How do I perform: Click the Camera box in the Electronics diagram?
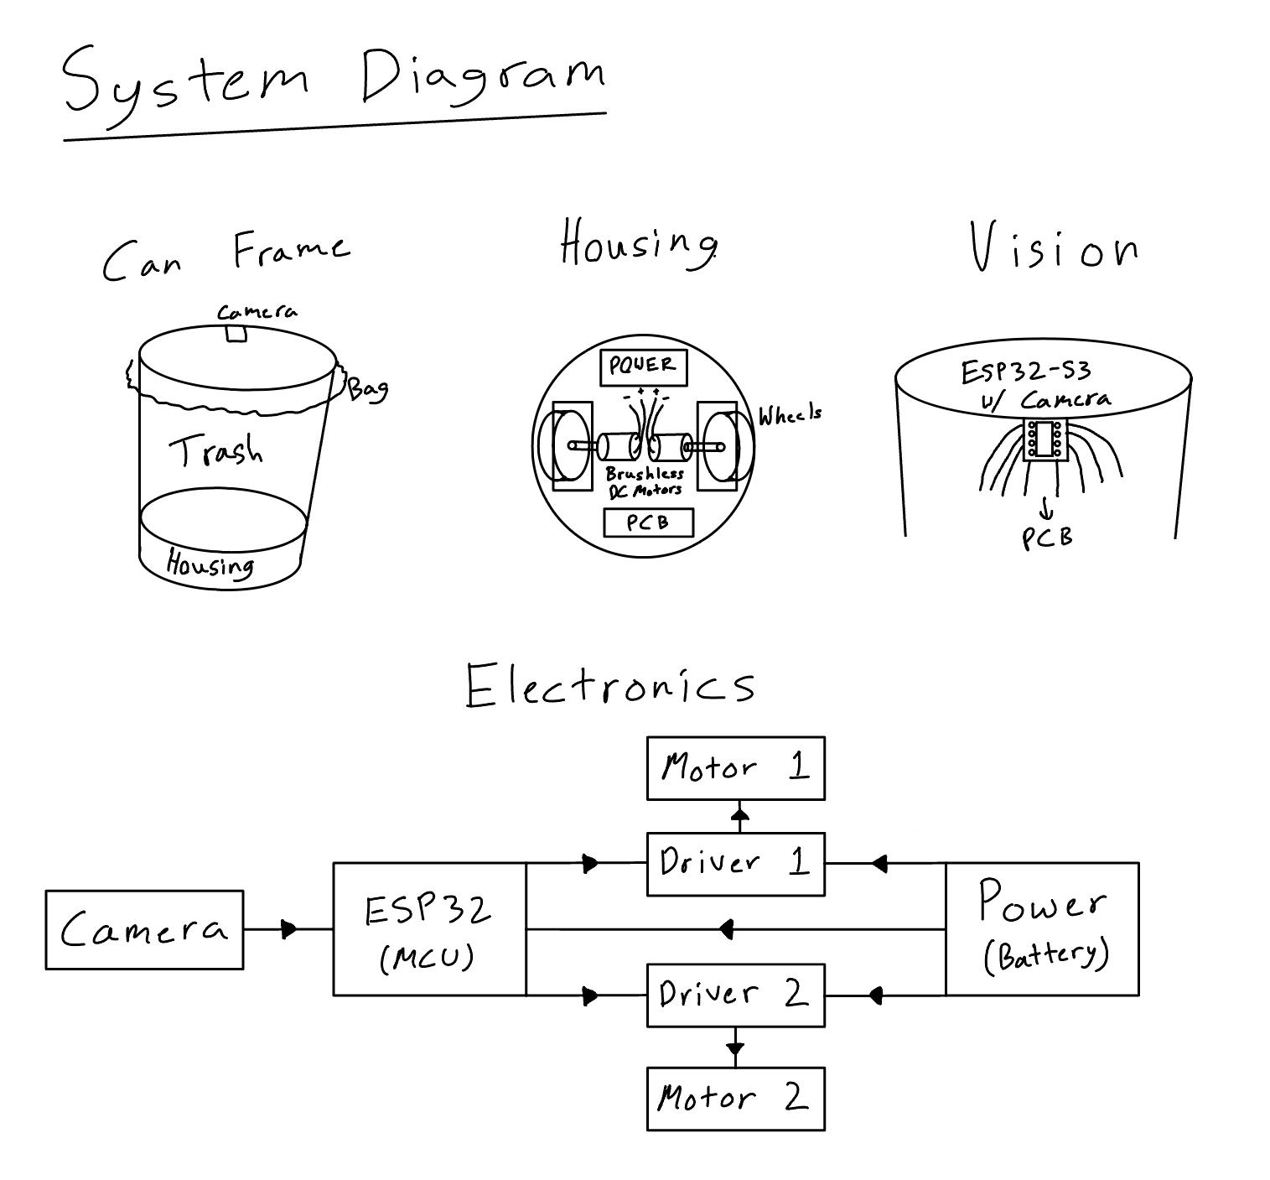click(144, 929)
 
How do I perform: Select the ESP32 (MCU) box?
click(429, 929)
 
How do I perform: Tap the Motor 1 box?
click(735, 767)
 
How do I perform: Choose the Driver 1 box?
click(735, 864)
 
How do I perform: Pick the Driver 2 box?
click(735, 995)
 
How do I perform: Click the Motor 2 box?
click(735, 1099)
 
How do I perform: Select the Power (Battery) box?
click(1042, 929)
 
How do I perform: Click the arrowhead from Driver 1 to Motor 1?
click(739, 813)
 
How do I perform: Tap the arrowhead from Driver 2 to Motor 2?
click(735, 1048)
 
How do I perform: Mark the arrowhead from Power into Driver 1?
click(878, 863)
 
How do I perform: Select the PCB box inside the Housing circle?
click(648, 522)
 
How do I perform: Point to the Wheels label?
click(790, 414)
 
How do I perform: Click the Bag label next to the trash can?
click(368, 388)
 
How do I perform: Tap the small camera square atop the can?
click(236, 333)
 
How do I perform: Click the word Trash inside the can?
click(216, 451)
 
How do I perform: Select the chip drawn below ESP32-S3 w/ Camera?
click(1045, 439)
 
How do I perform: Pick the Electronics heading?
click(610, 685)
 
